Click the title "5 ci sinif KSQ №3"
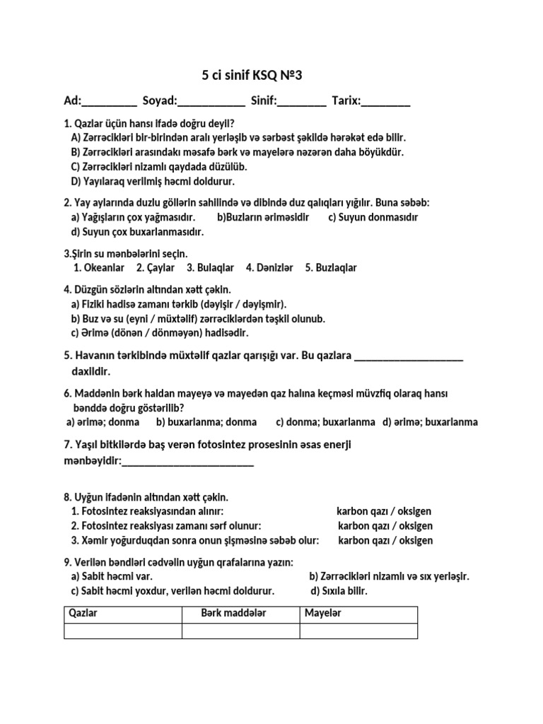pos(252,76)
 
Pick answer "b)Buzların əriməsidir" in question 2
pos(263,217)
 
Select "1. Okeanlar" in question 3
pos(99,268)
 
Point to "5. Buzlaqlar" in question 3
pos(331,268)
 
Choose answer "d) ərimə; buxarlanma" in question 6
pos(430,422)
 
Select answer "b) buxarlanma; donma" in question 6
pos(206,422)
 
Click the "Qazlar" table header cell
pos(123,614)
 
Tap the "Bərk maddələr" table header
pos(241,614)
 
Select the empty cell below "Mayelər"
pos(358,631)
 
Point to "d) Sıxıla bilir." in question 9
pos(339,591)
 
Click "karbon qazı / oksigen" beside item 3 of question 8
pos(385,541)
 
